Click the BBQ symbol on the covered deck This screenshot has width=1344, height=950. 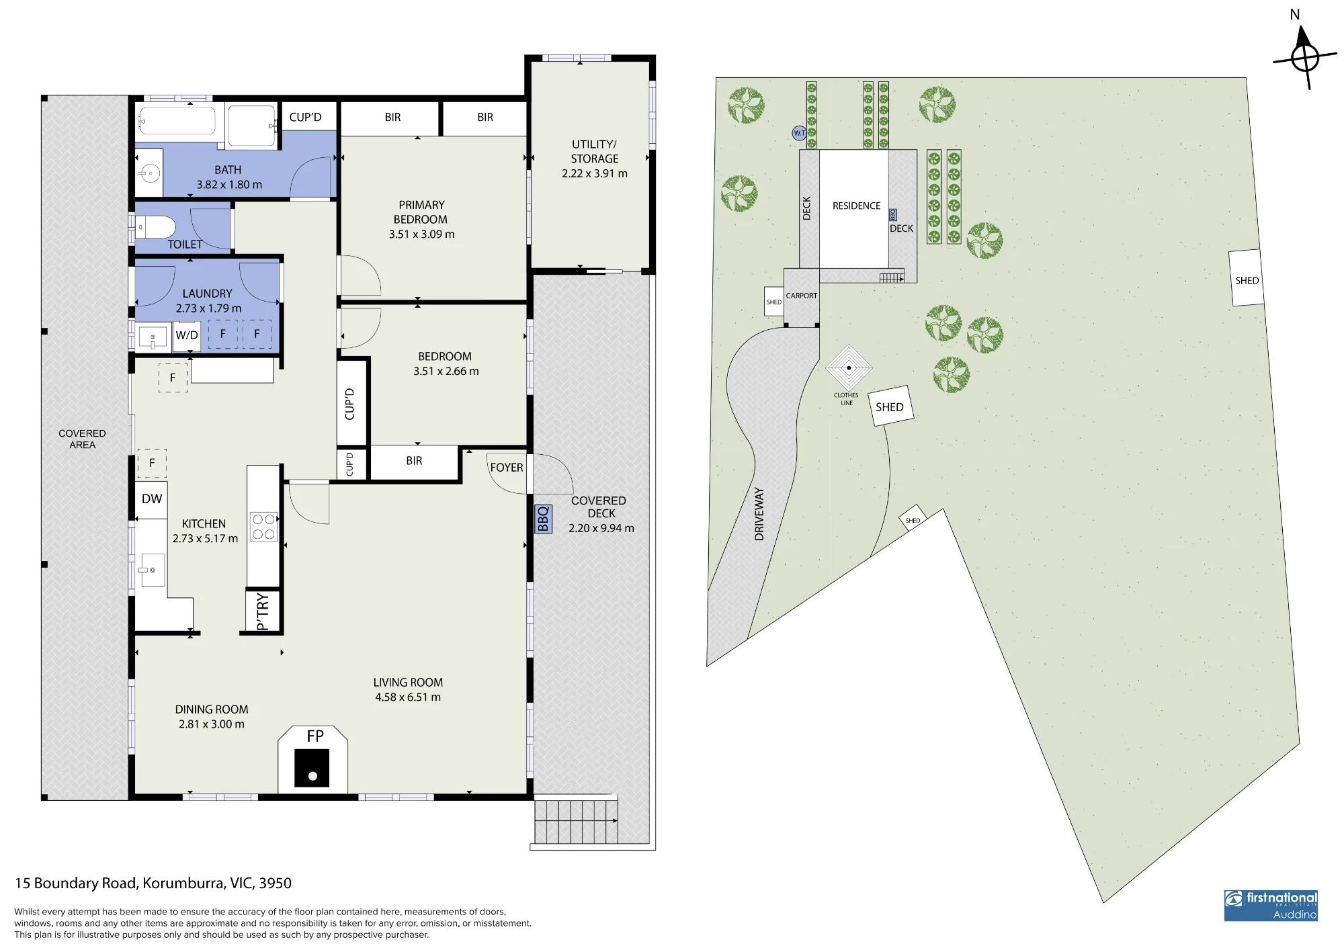[543, 519]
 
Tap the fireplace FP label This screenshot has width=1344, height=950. [315, 736]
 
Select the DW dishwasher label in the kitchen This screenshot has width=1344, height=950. [152, 499]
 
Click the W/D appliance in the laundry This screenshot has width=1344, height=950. [187, 335]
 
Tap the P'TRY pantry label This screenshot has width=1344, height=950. [262, 611]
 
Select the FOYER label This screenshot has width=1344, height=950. [507, 468]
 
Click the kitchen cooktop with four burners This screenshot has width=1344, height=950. [263, 527]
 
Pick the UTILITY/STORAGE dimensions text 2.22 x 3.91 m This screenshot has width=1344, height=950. [595, 173]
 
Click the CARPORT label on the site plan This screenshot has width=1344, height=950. [802, 296]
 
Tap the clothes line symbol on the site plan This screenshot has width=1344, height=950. [849, 368]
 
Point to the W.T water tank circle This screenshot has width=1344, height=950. [799, 133]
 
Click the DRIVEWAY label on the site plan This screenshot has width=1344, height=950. [759, 514]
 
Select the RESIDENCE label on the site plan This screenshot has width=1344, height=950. [856, 206]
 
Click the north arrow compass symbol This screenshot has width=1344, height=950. [1305, 57]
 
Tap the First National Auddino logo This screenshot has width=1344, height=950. [1271, 906]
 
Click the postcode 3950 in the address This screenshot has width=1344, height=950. [275, 883]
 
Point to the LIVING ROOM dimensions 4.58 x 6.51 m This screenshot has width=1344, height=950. [408, 697]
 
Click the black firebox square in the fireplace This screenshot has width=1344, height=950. [312, 768]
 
